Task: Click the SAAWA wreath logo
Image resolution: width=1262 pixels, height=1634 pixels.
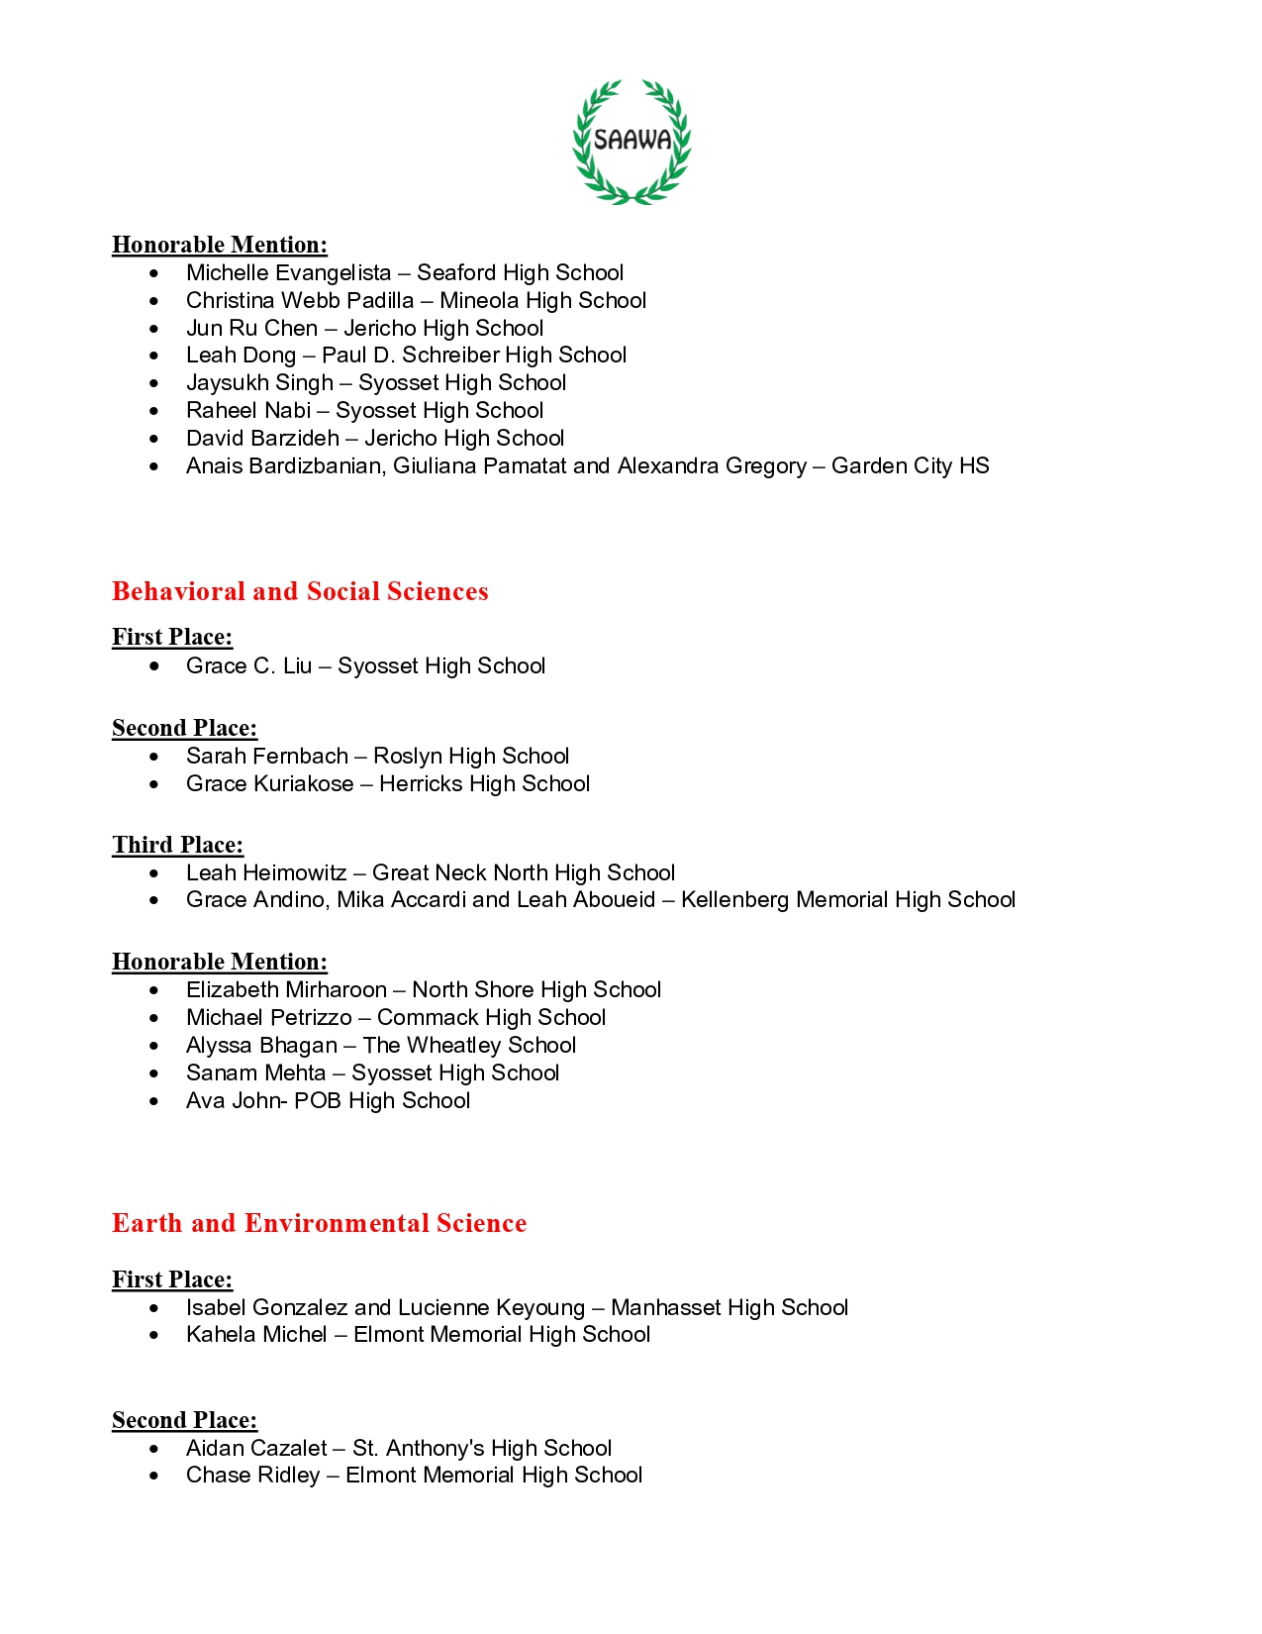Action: pyautogui.click(x=631, y=142)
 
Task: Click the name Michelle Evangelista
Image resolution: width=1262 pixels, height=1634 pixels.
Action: pyautogui.click(x=288, y=273)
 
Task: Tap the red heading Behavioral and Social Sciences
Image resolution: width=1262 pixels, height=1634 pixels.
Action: pyautogui.click(x=300, y=591)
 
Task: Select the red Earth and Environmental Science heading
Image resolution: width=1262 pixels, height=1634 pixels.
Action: pyautogui.click(x=319, y=1223)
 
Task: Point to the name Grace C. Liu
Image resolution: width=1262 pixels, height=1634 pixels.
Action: pyautogui.click(x=248, y=666)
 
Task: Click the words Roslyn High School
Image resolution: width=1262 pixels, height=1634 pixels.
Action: pyautogui.click(x=471, y=757)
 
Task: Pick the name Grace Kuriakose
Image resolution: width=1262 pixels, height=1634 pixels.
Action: pyautogui.click(x=269, y=784)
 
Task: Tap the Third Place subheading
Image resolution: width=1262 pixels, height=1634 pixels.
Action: pyautogui.click(x=177, y=845)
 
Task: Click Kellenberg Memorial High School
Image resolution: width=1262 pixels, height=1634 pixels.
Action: pyautogui.click(x=847, y=900)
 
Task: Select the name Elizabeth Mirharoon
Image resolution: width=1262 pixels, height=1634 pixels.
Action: pyautogui.click(x=286, y=990)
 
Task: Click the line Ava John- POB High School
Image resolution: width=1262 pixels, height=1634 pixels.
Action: pyautogui.click(x=328, y=1101)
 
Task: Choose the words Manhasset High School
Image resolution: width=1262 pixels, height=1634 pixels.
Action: pyautogui.click(x=729, y=1308)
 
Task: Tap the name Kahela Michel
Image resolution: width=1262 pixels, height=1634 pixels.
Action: pyautogui.click(x=256, y=1335)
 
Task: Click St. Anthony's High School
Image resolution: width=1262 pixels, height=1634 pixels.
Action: pyautogui.click(x=482, y=1449)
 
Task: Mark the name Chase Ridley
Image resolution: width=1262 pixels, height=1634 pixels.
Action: pyautogui.click(x=252, y=1476)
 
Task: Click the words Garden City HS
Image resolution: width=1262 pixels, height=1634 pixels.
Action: pyautogui.click(x=910, y=466)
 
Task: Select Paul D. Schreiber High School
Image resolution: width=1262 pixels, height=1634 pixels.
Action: pyautogui.click(x=474, y=356)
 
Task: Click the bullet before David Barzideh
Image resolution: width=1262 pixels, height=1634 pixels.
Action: pyautogui.click(x=154, y=439)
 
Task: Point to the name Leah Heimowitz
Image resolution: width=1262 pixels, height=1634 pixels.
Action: pyautogui.click(x=266, y=873)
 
